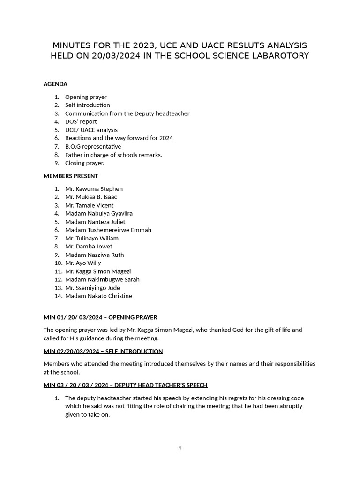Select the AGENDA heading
[55, 84]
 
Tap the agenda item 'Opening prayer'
[86, 97]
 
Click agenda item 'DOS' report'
[81, 121]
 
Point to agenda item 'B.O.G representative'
[93, 146]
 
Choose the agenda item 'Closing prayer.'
[85, 163]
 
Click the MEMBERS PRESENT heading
[71, 176]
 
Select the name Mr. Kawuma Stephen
[94, 189]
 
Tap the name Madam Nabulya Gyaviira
[99, 213]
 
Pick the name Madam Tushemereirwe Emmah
[108, 230]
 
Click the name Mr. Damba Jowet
[89, 246]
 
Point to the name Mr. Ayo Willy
[83, 263]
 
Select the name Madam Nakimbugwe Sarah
[102, 279]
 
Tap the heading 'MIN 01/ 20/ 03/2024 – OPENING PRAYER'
[100, 317]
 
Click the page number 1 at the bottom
[180, 448]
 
